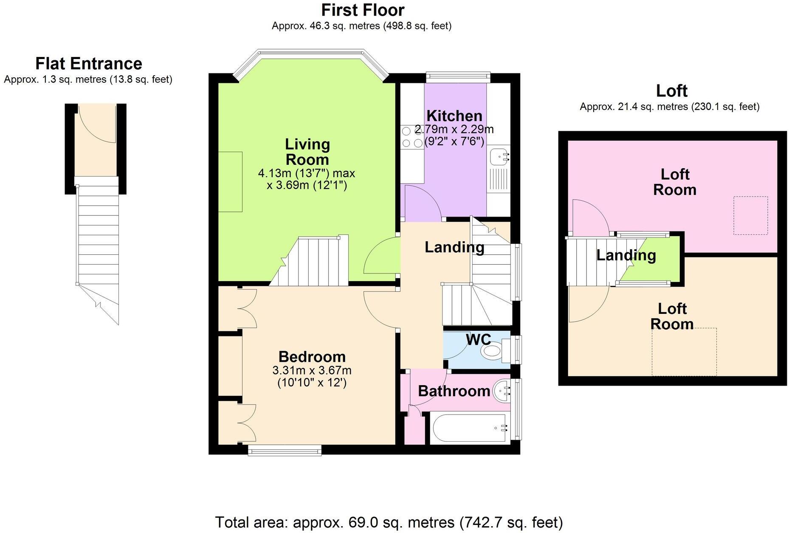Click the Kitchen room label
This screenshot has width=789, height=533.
coord(454,116)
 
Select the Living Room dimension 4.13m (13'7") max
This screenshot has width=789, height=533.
coord(307,173)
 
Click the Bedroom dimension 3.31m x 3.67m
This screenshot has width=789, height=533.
coord(312,370)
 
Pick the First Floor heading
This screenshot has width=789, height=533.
coord(363,10)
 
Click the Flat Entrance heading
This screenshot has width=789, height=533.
coord(89,64)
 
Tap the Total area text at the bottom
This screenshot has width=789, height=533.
coord(389,522)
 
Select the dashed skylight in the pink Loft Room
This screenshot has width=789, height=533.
coord(750,215)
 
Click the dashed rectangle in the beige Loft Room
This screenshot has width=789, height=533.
coord(684,352)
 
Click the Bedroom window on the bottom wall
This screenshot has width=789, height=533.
coord(285,450)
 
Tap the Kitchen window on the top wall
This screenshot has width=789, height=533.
coord(458,77)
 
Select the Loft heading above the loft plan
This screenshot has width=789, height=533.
coord(672,91)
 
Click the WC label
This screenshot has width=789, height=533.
coord(478,339)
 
